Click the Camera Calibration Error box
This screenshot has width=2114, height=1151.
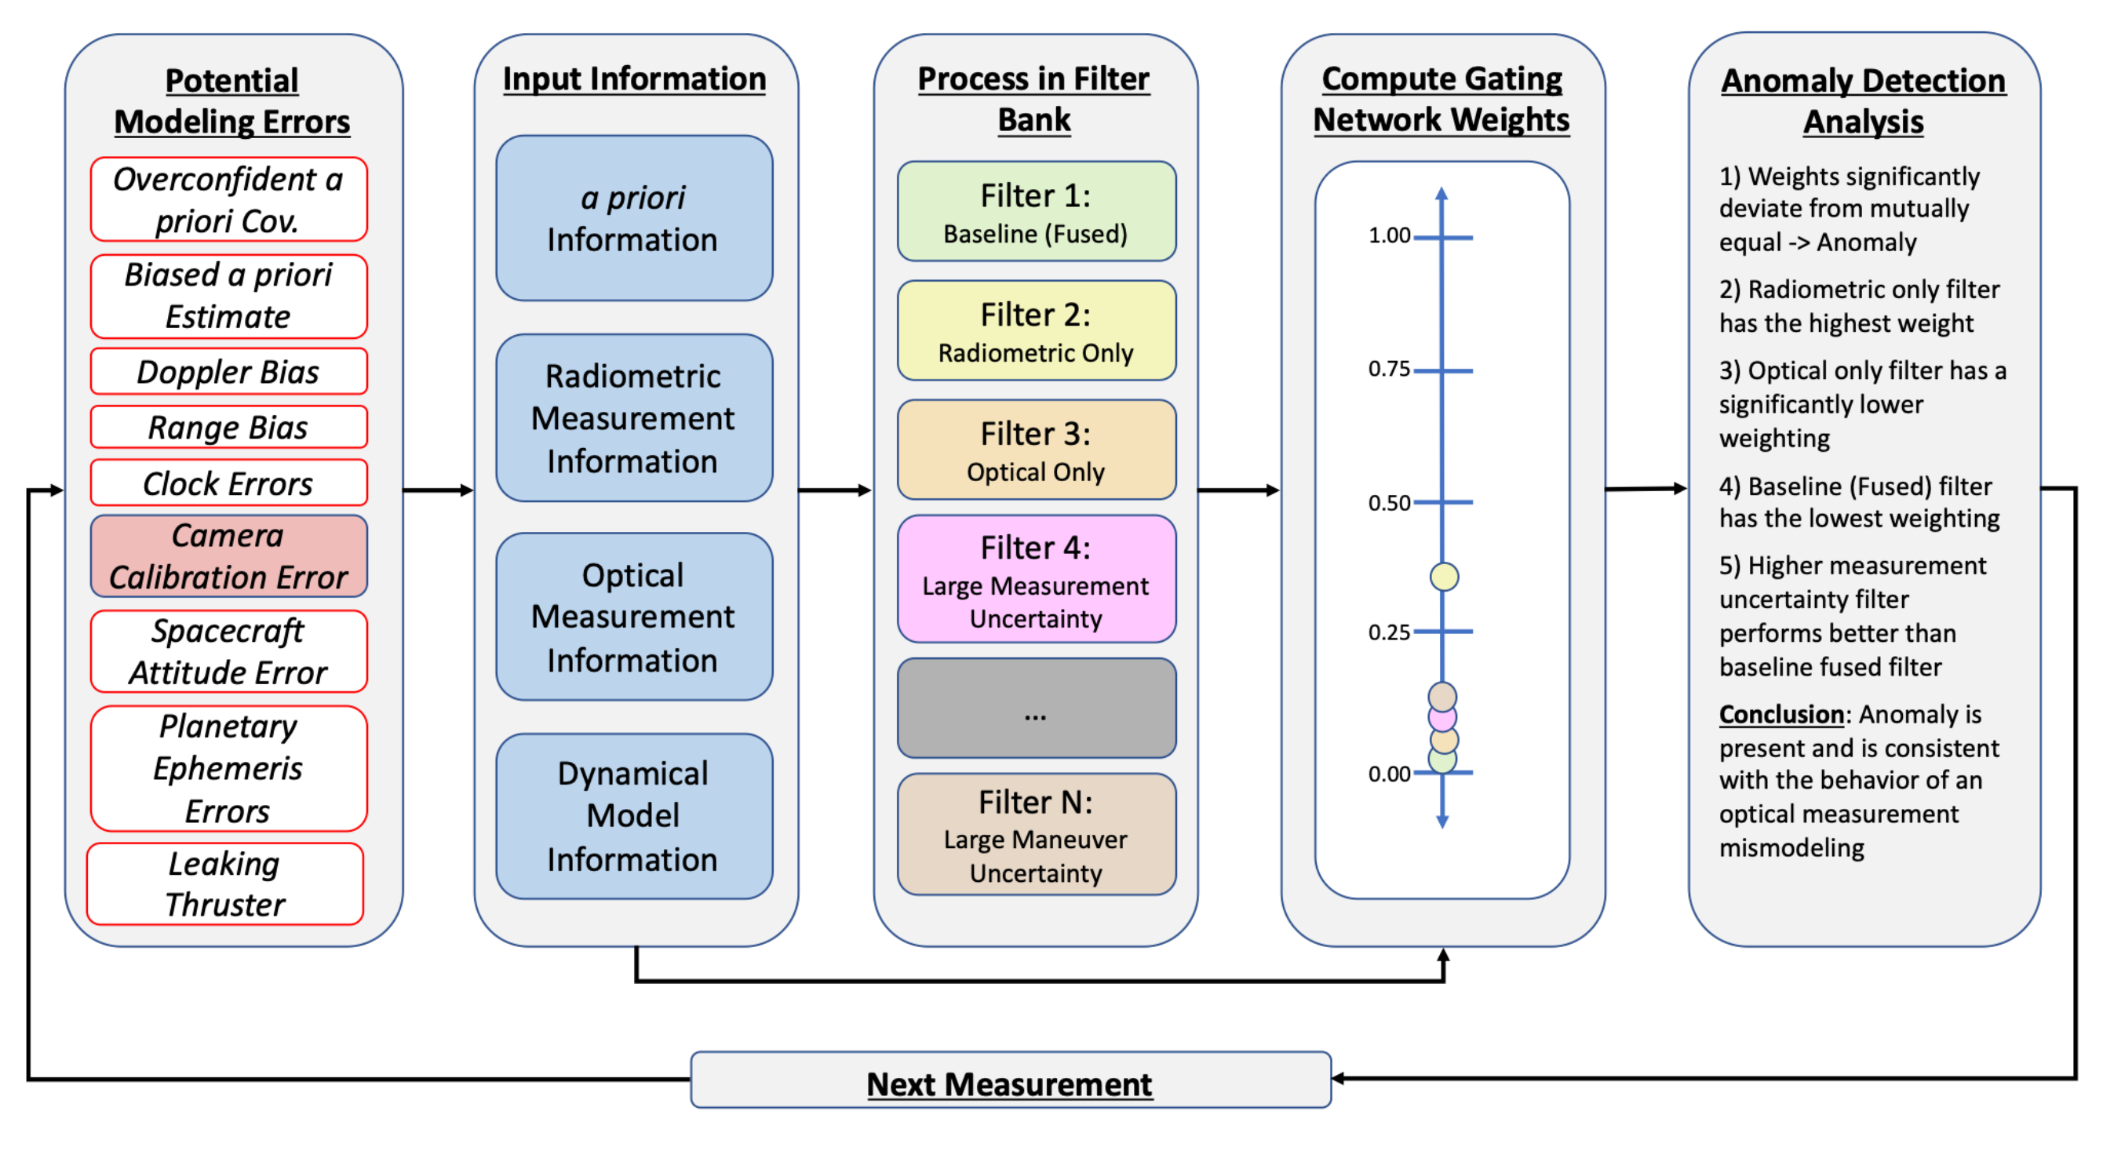(x=228, y=556)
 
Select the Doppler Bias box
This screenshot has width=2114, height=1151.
(x=228, y=372)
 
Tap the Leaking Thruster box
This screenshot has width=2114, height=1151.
(x=226, y=883)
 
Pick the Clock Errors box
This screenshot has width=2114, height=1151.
(x=228, y=483)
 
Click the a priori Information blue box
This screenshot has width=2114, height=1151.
(x=632, y=218)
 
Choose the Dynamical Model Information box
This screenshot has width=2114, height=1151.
(x=632, y=816)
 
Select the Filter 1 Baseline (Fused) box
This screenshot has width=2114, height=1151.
(x=1036, y=212)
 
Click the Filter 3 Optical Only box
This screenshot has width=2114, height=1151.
(x=1036, y=450)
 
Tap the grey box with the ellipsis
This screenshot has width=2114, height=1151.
(x=1036, y=708)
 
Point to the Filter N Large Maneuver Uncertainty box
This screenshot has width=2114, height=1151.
(x=1036, y=835)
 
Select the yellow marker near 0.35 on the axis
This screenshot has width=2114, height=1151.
(x=1444, y=577)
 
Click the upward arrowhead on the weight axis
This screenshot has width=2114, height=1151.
(x=1441, y=194)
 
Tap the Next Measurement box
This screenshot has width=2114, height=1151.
(x=1009, y=1081)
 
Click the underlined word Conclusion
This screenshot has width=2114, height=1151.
(x=1780, y=715)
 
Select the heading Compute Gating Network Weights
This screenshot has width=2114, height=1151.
(x=1441, y=100)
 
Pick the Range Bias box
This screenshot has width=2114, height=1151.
(x=228, y=428)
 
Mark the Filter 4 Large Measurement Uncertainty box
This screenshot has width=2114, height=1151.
(x=1036, y=579)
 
